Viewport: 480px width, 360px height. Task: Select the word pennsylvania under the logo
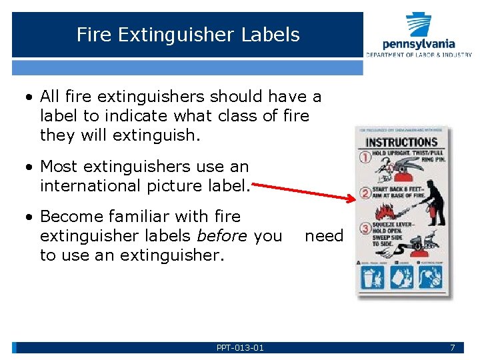click(x=419, y=45)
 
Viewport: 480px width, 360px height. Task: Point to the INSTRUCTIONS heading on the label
click(x=401, y=142)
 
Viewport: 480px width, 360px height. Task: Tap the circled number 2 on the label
click(x=365, y=194)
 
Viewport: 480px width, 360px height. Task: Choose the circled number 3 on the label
click(x=365, y=229)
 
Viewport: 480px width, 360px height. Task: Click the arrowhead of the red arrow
click(x=353, y=199)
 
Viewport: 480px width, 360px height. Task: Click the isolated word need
click(x=323, y=236)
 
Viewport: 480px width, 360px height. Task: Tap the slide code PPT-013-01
click(x=240, y=347)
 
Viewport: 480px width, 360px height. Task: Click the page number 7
click(x=452, y=347)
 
